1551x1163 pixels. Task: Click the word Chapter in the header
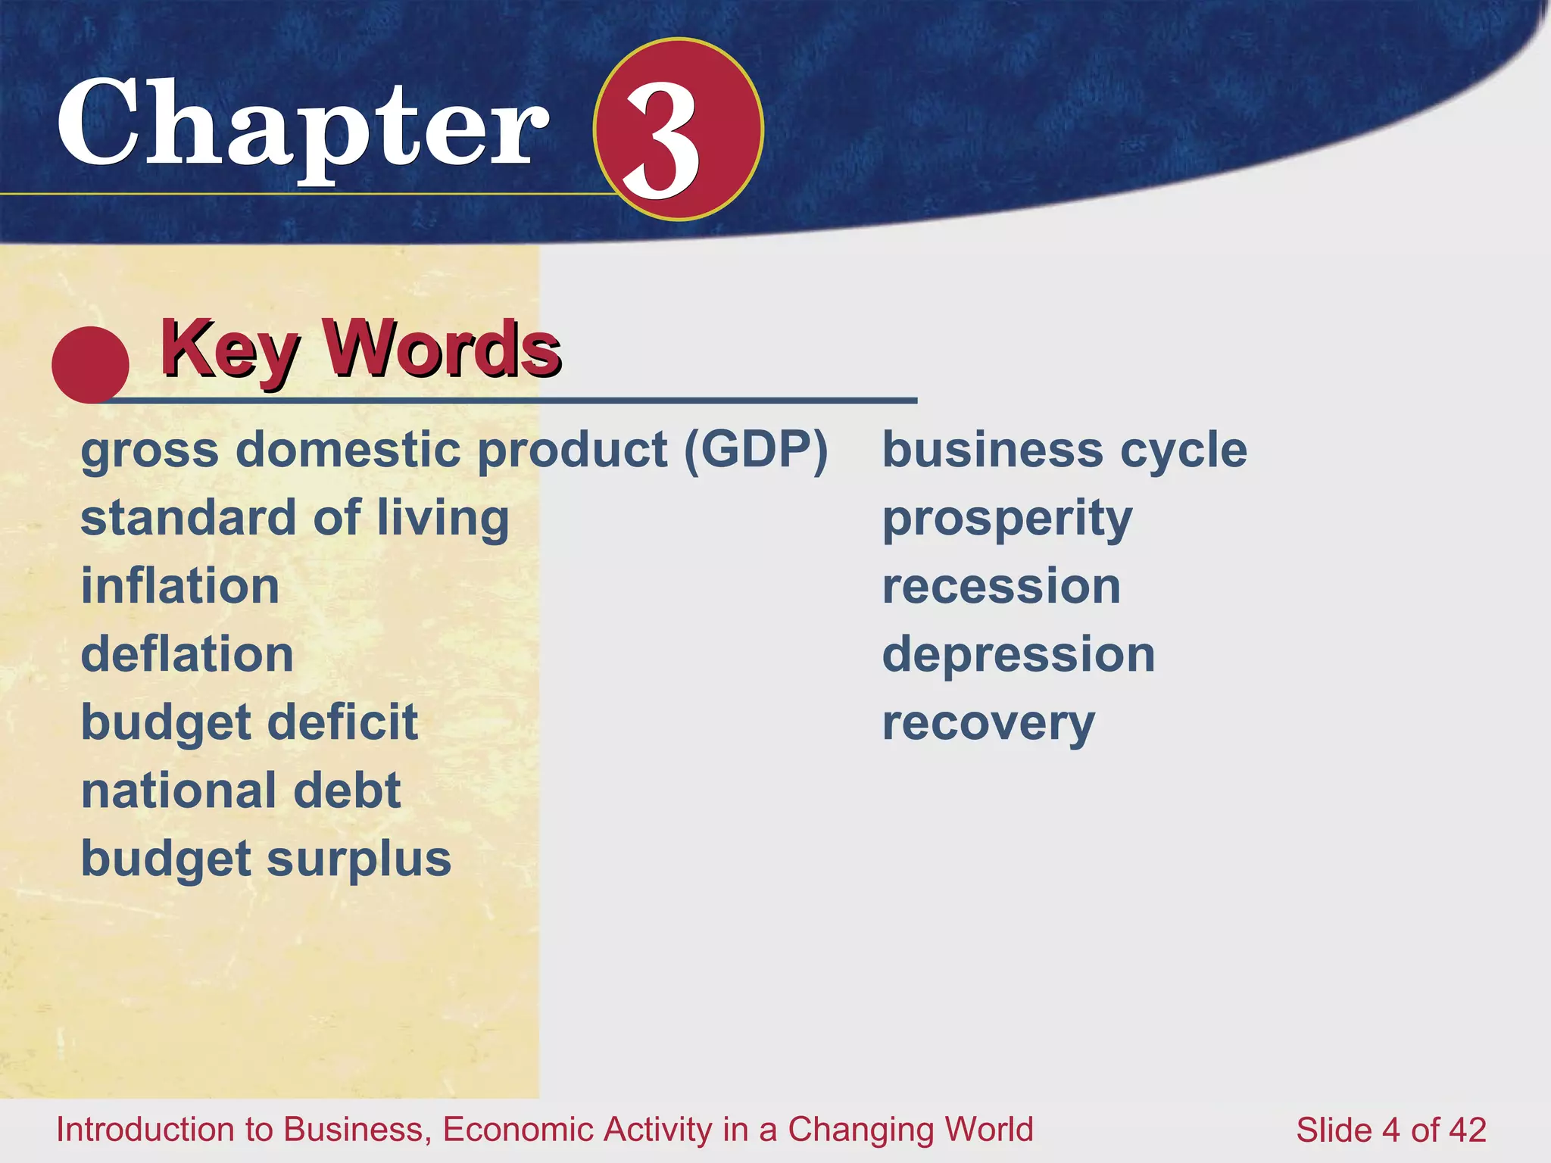point(303,125)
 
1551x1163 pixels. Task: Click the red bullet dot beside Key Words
point(90,364)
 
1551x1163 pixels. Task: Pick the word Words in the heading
point(442,349)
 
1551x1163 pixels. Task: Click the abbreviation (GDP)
point(756,451)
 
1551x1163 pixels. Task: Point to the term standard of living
point(295,519)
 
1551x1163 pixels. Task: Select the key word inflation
point(180,587)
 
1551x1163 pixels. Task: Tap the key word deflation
point(187,655)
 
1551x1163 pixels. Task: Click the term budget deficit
point(249,723)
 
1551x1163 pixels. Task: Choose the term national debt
point(241,791)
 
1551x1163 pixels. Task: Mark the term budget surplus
point(266,859)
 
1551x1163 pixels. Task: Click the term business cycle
point(1064,451)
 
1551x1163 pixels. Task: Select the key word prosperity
point(1007,519)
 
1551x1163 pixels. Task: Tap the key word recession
point(1001,587)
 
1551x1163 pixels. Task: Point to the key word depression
point(1019,655)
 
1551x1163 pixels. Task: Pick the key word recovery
point(988,724)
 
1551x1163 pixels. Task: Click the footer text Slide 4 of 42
point(1391,1130)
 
